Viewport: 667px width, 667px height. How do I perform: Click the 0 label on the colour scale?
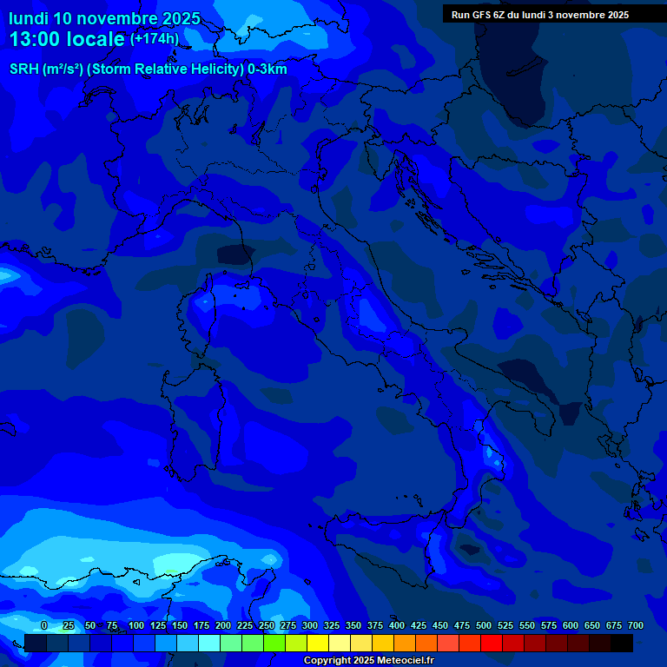coord(44,625)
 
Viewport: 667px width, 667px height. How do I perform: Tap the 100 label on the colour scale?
coord(136,625)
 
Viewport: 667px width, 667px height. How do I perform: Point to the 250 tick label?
coord(267,625)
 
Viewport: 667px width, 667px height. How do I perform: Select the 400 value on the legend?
coord(397,625)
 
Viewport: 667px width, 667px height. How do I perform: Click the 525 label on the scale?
coord(505,625)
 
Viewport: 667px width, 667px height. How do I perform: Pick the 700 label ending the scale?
coord(636,625)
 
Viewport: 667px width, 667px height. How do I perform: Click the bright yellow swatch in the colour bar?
coord(318,643)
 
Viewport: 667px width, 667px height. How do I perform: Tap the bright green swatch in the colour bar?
coord(274,643)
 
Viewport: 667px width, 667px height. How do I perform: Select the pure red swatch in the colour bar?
coord(492,643)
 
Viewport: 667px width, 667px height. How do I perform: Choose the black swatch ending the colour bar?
coord(622,643)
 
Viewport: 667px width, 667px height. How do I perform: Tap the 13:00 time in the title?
coord(35,39)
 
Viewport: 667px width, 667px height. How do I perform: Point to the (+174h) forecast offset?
coord(154,39)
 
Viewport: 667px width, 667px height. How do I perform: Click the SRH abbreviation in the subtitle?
coord(23,69)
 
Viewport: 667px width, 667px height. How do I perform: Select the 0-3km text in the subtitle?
coord(267,69)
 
